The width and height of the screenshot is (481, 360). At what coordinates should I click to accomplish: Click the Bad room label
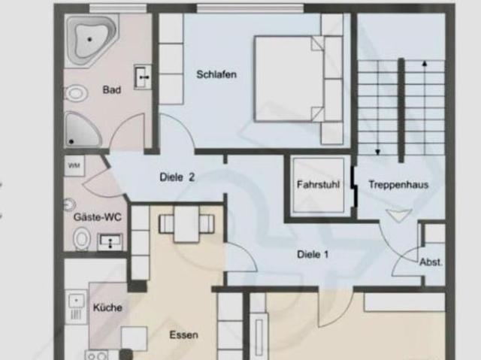click(112, 90)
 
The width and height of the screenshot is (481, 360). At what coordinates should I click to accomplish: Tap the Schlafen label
click(217, 74)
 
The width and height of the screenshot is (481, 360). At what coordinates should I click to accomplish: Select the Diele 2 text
click(177, 177)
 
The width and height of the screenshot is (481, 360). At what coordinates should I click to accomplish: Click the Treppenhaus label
click(398, 183)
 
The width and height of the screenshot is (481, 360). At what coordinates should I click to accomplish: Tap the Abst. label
click(431, 262)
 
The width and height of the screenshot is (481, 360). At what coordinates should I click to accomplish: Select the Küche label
click(107, 307)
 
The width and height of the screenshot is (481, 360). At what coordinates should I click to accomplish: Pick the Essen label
click(183, 334)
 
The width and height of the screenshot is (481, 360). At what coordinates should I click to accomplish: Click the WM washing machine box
click(75, 165)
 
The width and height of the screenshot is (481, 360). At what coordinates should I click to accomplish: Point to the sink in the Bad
click(141, 76)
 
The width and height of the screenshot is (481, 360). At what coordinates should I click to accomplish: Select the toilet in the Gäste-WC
click(81, 240)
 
